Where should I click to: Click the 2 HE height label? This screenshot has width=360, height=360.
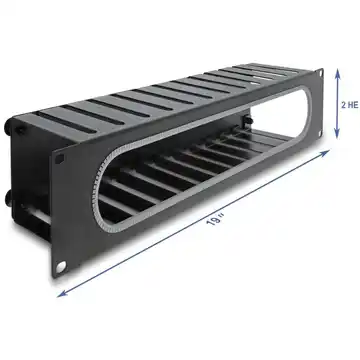point(350,105)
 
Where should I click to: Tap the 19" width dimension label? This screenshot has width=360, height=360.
point(215,220)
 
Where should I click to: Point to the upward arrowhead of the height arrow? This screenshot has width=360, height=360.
point(337,74)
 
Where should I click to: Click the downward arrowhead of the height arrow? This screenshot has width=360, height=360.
point(337,133)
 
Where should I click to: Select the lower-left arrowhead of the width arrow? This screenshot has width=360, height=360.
point(63,293)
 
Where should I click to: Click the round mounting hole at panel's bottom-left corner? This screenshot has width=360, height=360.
point(61,266)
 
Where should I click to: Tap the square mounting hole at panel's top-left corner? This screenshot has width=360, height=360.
point(60,159)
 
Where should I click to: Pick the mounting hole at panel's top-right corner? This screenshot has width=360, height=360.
point(320,73)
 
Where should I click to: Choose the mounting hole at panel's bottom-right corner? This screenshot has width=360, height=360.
point(320,133)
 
